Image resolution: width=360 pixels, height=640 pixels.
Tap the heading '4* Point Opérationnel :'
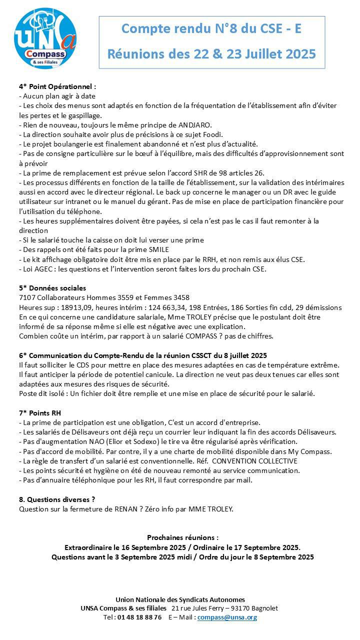click(57, 86)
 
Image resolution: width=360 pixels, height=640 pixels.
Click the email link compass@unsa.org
click(227, 617)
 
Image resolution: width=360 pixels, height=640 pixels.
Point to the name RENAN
click(131, 509)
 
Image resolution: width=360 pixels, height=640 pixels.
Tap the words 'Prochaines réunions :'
click(182, 537)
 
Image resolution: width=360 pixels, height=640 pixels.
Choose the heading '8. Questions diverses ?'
click(56, 499)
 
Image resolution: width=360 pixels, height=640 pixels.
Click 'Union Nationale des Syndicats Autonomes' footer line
click(180, 599)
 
